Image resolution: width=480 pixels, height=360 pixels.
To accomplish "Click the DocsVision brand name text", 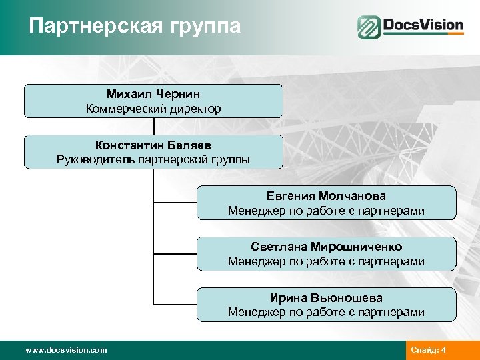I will (x=423, y=26).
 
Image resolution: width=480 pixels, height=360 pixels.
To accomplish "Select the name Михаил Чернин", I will (x=153, y=94).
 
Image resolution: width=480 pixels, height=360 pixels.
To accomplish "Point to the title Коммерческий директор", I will (x=153, y=108).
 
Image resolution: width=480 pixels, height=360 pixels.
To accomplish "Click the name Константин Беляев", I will (x=153, y=145).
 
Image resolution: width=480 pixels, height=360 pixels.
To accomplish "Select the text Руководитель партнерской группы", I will (x=153, y=159).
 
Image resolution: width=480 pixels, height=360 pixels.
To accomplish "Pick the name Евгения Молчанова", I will (x=326, y=196).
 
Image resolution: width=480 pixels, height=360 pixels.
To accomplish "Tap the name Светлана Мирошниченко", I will (x=326, y=247).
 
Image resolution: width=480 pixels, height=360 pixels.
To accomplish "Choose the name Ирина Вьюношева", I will (x=326, y=297).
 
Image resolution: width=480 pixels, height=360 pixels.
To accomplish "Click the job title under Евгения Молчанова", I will (x=326, y=211).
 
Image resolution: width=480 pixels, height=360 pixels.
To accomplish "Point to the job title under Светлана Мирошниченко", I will (x=326, y=261).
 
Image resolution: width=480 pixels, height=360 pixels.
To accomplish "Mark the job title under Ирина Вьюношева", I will (x=326, y=312).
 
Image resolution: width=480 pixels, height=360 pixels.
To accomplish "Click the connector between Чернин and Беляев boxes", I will (x=153, y=126).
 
